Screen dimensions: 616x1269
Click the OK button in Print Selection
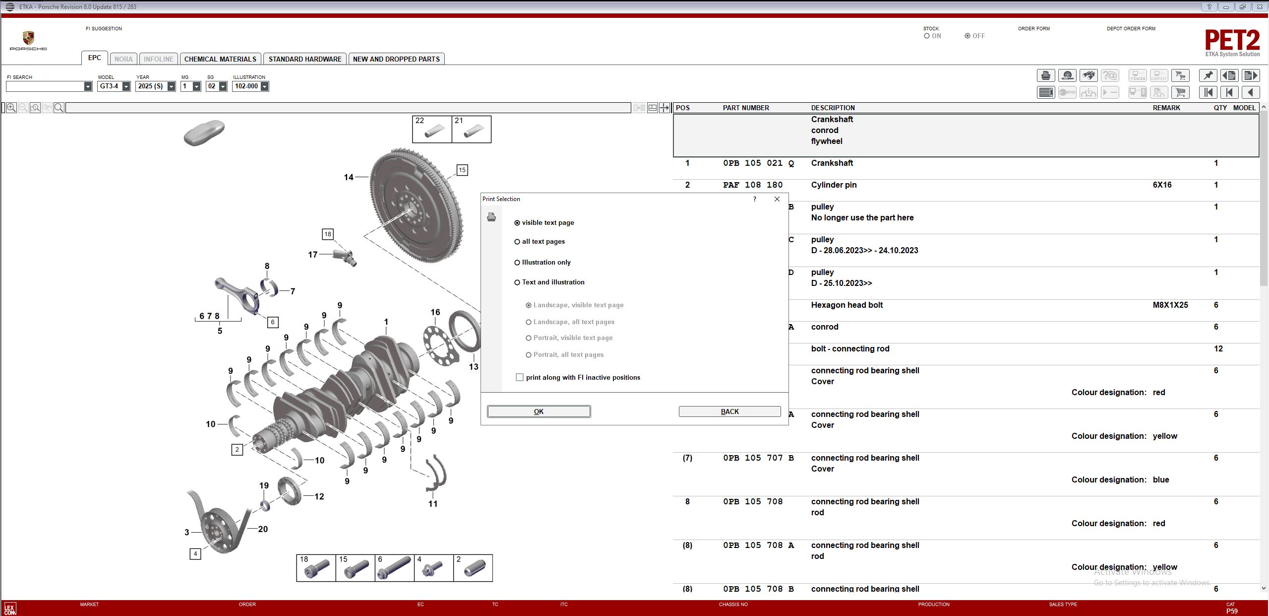pyautogui.click(x=539, y=411)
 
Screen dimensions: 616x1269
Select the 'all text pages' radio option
pyautogui.click(x=517, y=242)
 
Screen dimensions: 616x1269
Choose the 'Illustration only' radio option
pyautogui.click(x=517, y=263)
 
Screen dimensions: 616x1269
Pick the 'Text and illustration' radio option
pyautogui.click(x=517, y=282)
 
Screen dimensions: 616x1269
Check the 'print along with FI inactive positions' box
pyautogui.click(x=520, y=377)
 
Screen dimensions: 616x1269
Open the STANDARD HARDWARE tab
pyautogui.click(x=305, y=59)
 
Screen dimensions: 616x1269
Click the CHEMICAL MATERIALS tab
pyautogui.click(x=220, y=59)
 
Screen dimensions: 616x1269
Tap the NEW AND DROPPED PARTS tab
pyautogui.click(x=396, y=59)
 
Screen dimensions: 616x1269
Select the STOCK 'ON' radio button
pyautogui.click(x=927, y=36)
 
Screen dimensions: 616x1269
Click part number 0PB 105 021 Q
pyautogui.click(x=758, y=163)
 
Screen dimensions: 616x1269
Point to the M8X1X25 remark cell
pyautogui.click(x=1170, y=305)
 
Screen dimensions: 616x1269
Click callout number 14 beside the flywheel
pyautogui.click(x=349, y=177)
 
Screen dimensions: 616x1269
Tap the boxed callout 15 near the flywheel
pyautogui.click(x=462, y=170)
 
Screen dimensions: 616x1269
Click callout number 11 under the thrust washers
pyautogui.click(x=433, y=504)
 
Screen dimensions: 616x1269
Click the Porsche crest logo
pyautogui.click(x=28, y=38)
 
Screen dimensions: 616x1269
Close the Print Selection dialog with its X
pyautogui.click(x=777, y=199)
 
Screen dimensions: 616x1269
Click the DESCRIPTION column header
pyautogui.click(x=833, y=108)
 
